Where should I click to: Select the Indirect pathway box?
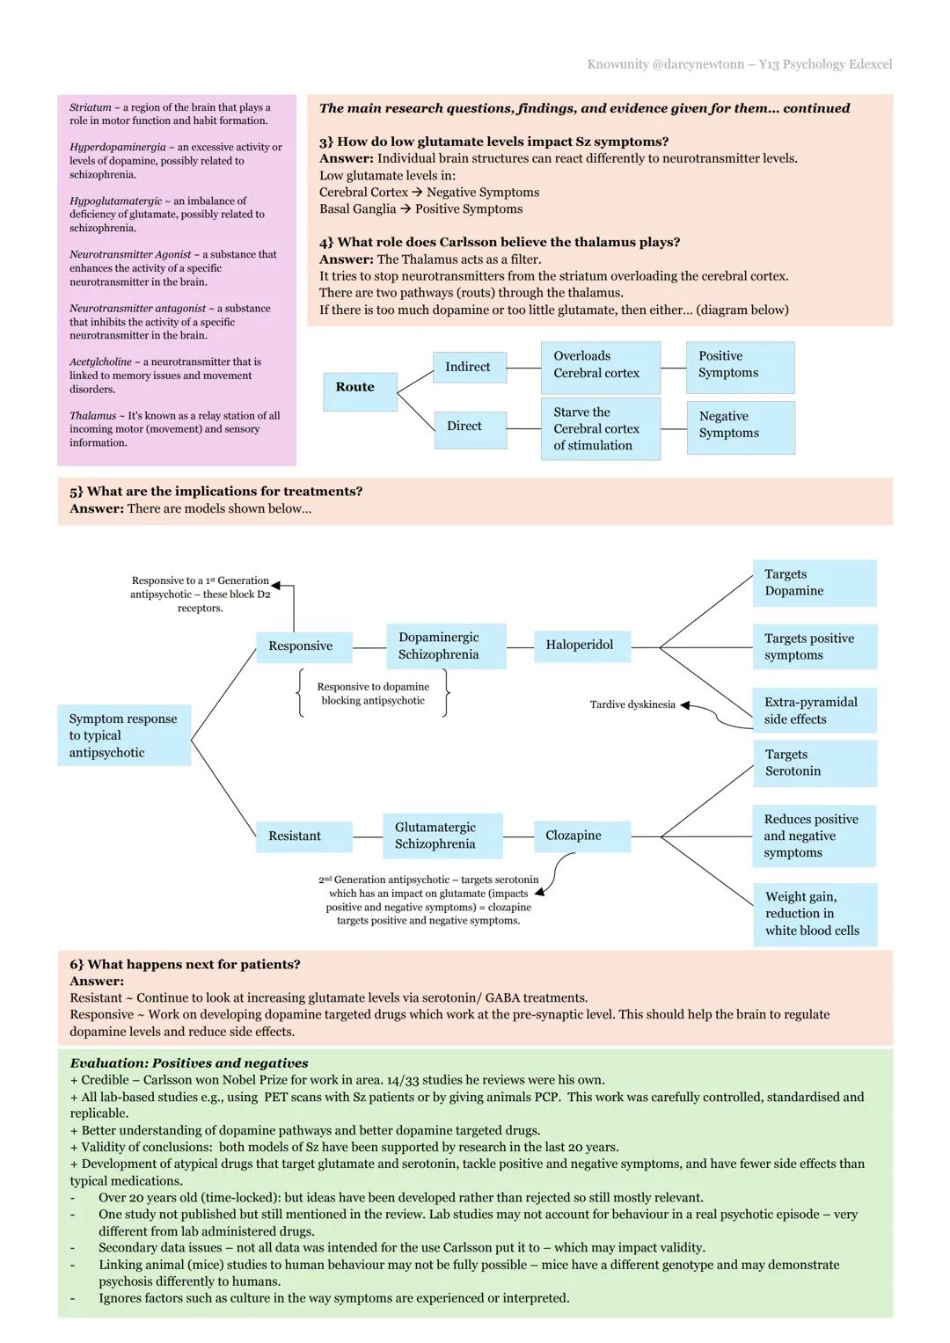469,367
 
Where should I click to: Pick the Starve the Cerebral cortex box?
600,428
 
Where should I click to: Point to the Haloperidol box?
581,646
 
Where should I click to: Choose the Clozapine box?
581,836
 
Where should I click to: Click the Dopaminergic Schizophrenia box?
445,646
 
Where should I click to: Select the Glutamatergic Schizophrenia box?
442,836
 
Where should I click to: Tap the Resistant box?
303,836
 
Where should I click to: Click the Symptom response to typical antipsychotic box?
124,735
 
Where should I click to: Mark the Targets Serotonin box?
814,763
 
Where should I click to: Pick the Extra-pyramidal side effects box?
814,711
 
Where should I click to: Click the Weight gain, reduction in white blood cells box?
815,915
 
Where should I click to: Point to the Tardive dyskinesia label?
632,704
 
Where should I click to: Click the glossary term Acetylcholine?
100,362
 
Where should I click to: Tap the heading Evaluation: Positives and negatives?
189,1062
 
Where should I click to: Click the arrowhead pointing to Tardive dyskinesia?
685,705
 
